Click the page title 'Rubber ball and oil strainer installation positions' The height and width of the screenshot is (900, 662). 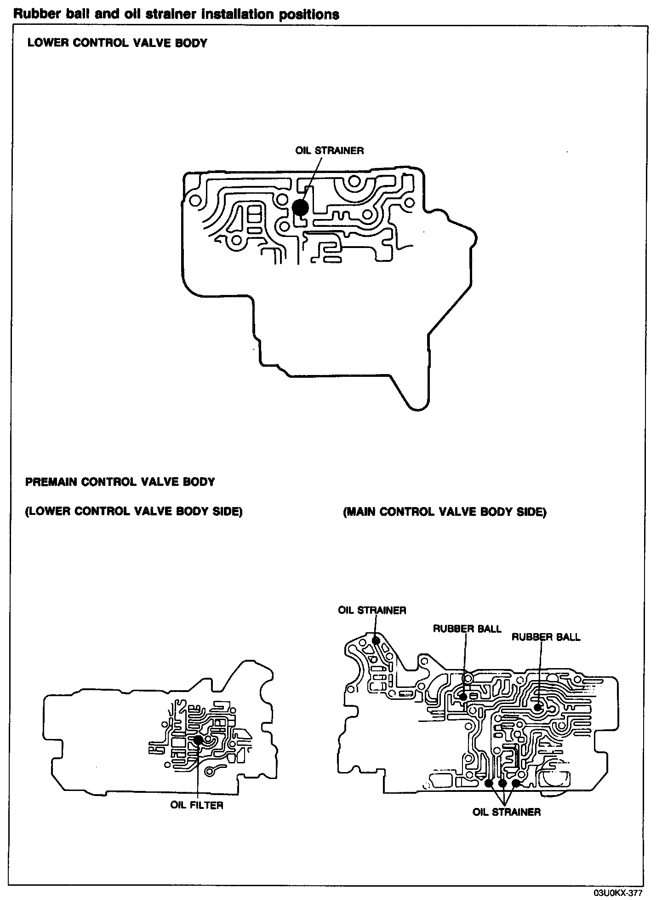177,15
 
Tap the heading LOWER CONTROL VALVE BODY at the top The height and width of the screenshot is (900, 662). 117,43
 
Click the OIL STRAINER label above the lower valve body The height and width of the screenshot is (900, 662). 330,150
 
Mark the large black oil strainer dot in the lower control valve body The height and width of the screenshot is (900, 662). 301,207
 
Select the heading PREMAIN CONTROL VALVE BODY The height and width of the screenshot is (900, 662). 120,482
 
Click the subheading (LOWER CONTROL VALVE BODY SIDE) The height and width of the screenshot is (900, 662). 134,512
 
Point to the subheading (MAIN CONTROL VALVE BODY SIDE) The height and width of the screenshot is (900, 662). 445,512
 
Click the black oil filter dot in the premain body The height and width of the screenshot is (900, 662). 198,740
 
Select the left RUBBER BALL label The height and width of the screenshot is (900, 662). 467,629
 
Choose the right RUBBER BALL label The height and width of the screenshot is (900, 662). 546,637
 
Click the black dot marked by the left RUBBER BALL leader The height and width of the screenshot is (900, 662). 463,697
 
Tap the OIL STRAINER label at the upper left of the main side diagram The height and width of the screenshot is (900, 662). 372,610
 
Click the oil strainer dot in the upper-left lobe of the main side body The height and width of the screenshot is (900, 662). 376,640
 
